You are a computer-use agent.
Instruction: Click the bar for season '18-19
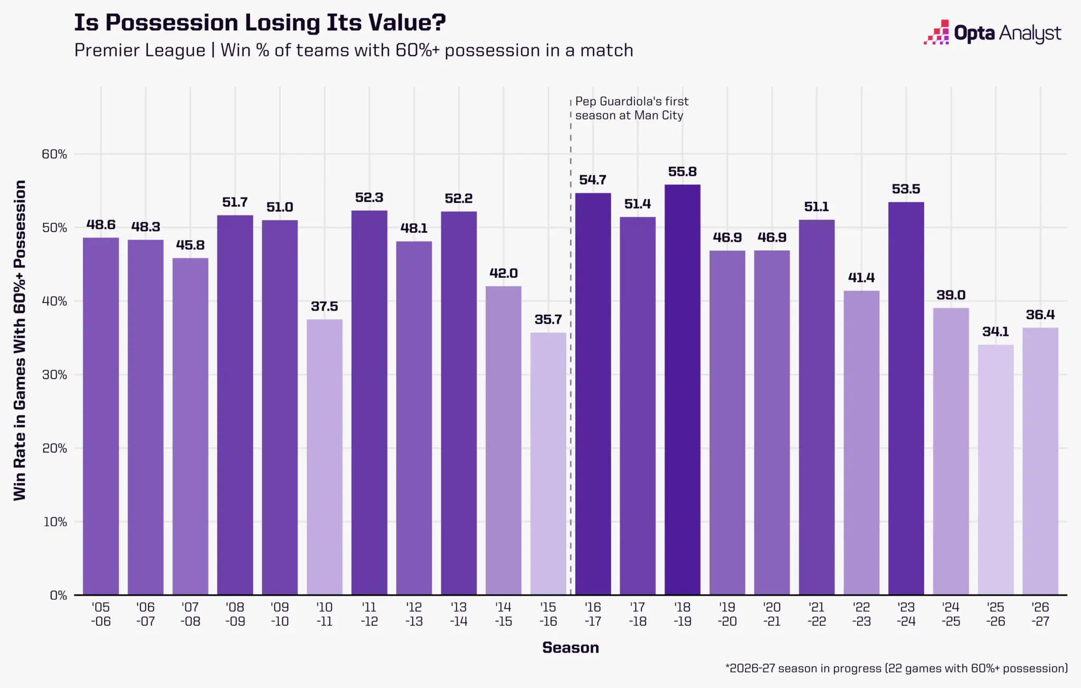pos(682,390)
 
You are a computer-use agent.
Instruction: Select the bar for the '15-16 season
pos(548,464)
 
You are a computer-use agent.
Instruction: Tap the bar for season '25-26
pos(995,469)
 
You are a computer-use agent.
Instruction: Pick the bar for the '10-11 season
pos(324,457)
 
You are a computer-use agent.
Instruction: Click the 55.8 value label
pos(682,172)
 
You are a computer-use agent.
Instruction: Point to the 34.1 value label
pos(995,332)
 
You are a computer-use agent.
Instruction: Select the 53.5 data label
pos(906,189)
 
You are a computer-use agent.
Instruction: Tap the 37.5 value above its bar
pos(324,306)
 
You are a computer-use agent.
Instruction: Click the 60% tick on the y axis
pos(54,154)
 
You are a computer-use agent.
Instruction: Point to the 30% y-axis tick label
pos(54,375)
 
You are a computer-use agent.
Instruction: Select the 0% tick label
pos(59,596)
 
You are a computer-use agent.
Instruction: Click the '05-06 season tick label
pos(101,614)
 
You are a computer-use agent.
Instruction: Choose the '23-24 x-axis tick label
pos(906,614)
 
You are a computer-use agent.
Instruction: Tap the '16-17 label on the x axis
pos(593,614)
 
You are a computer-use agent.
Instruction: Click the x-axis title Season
pos(571,648)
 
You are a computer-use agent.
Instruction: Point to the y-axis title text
pos(20,341)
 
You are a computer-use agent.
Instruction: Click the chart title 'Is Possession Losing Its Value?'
pos(260,23)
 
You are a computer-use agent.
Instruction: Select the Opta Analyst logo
pos(992,33)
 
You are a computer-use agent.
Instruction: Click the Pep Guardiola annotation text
pos(632,108)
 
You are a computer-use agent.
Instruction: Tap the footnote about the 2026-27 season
pos(896,668)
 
